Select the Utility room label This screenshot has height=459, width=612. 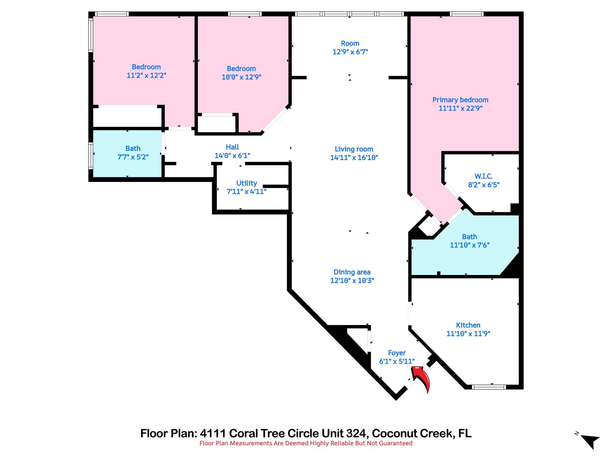[247, 183]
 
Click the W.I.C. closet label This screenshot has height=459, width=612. [483, 176]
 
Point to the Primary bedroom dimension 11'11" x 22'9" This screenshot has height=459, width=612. [460, 108]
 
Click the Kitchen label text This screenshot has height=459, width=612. [468, 325]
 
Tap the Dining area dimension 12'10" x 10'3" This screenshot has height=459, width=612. [352, 281]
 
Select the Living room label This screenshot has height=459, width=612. [354, 149]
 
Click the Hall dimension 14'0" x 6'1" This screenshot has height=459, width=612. [232, 156]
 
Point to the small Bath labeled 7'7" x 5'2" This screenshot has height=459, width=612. [133, 153]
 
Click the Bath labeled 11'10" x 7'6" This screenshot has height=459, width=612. [469, 241]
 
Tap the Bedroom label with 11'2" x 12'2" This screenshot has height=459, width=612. [146, 67]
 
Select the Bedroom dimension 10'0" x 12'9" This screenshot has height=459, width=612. [241, 77]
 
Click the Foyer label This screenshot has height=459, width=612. [397, 353]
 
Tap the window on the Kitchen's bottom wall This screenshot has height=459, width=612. [489, 387]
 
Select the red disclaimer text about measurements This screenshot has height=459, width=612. [306, 443]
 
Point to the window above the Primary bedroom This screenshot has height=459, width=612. [466, 14]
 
